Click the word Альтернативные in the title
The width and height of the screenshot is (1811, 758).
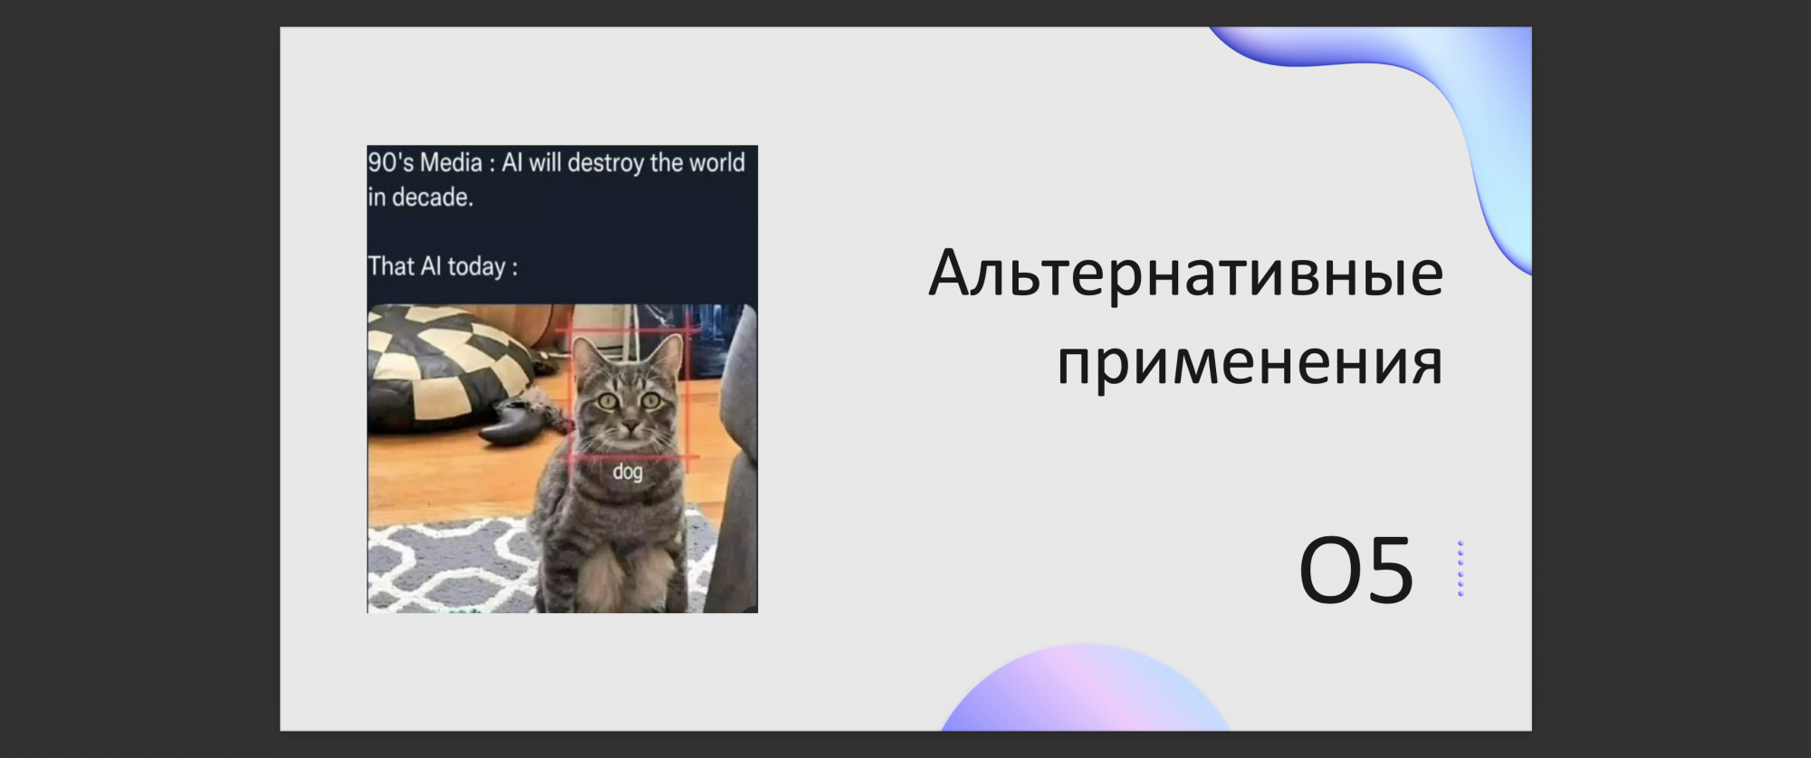click(1186, 273)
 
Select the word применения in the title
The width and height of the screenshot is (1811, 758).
click(1250, 362)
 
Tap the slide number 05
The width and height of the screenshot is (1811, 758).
click(1356, 570)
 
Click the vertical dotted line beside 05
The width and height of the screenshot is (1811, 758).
click(1461, 569)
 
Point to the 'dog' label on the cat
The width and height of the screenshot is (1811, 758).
click(628, 472)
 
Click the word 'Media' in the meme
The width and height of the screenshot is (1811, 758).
click(451, 163)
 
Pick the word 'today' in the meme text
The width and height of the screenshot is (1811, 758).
click(476, 266)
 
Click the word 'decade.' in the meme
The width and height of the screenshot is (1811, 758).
click(433, 197)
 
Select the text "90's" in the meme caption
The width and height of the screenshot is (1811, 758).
click(389, 163)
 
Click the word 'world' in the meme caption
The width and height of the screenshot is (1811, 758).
click(716, 163)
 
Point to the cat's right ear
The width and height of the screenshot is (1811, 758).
click(669, 353)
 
